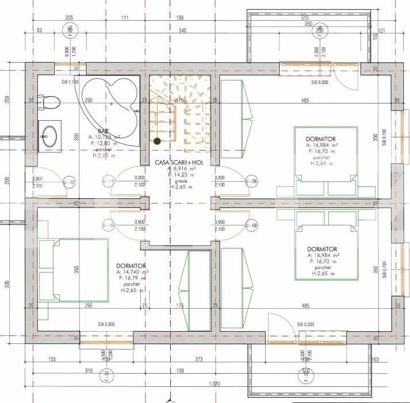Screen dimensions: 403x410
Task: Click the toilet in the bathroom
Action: (x=50, y=102)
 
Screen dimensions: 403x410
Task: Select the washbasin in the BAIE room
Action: (x=49, y=136)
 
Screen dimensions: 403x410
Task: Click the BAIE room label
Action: (x=104, y=131)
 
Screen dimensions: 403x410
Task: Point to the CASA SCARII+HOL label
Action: (x=180, y=163)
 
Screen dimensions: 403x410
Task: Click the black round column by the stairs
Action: (x=156, y=141)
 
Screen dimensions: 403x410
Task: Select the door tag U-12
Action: (x=69, y=182)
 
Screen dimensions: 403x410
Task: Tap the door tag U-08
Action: (x=251, y=182)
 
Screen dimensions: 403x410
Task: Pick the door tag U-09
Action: (x=251, y=224)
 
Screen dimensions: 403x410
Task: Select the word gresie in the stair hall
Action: (x=181, y=181)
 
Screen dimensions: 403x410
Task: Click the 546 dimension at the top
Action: (x=182, y=30)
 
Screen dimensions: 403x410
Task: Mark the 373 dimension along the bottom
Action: (x=183, y=359)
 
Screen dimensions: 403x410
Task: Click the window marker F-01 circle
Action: (x=106, y=378)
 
